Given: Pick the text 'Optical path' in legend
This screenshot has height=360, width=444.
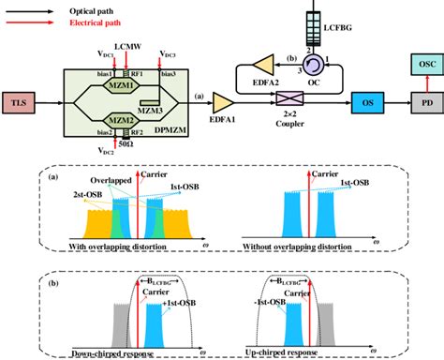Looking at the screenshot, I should point(91,6).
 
